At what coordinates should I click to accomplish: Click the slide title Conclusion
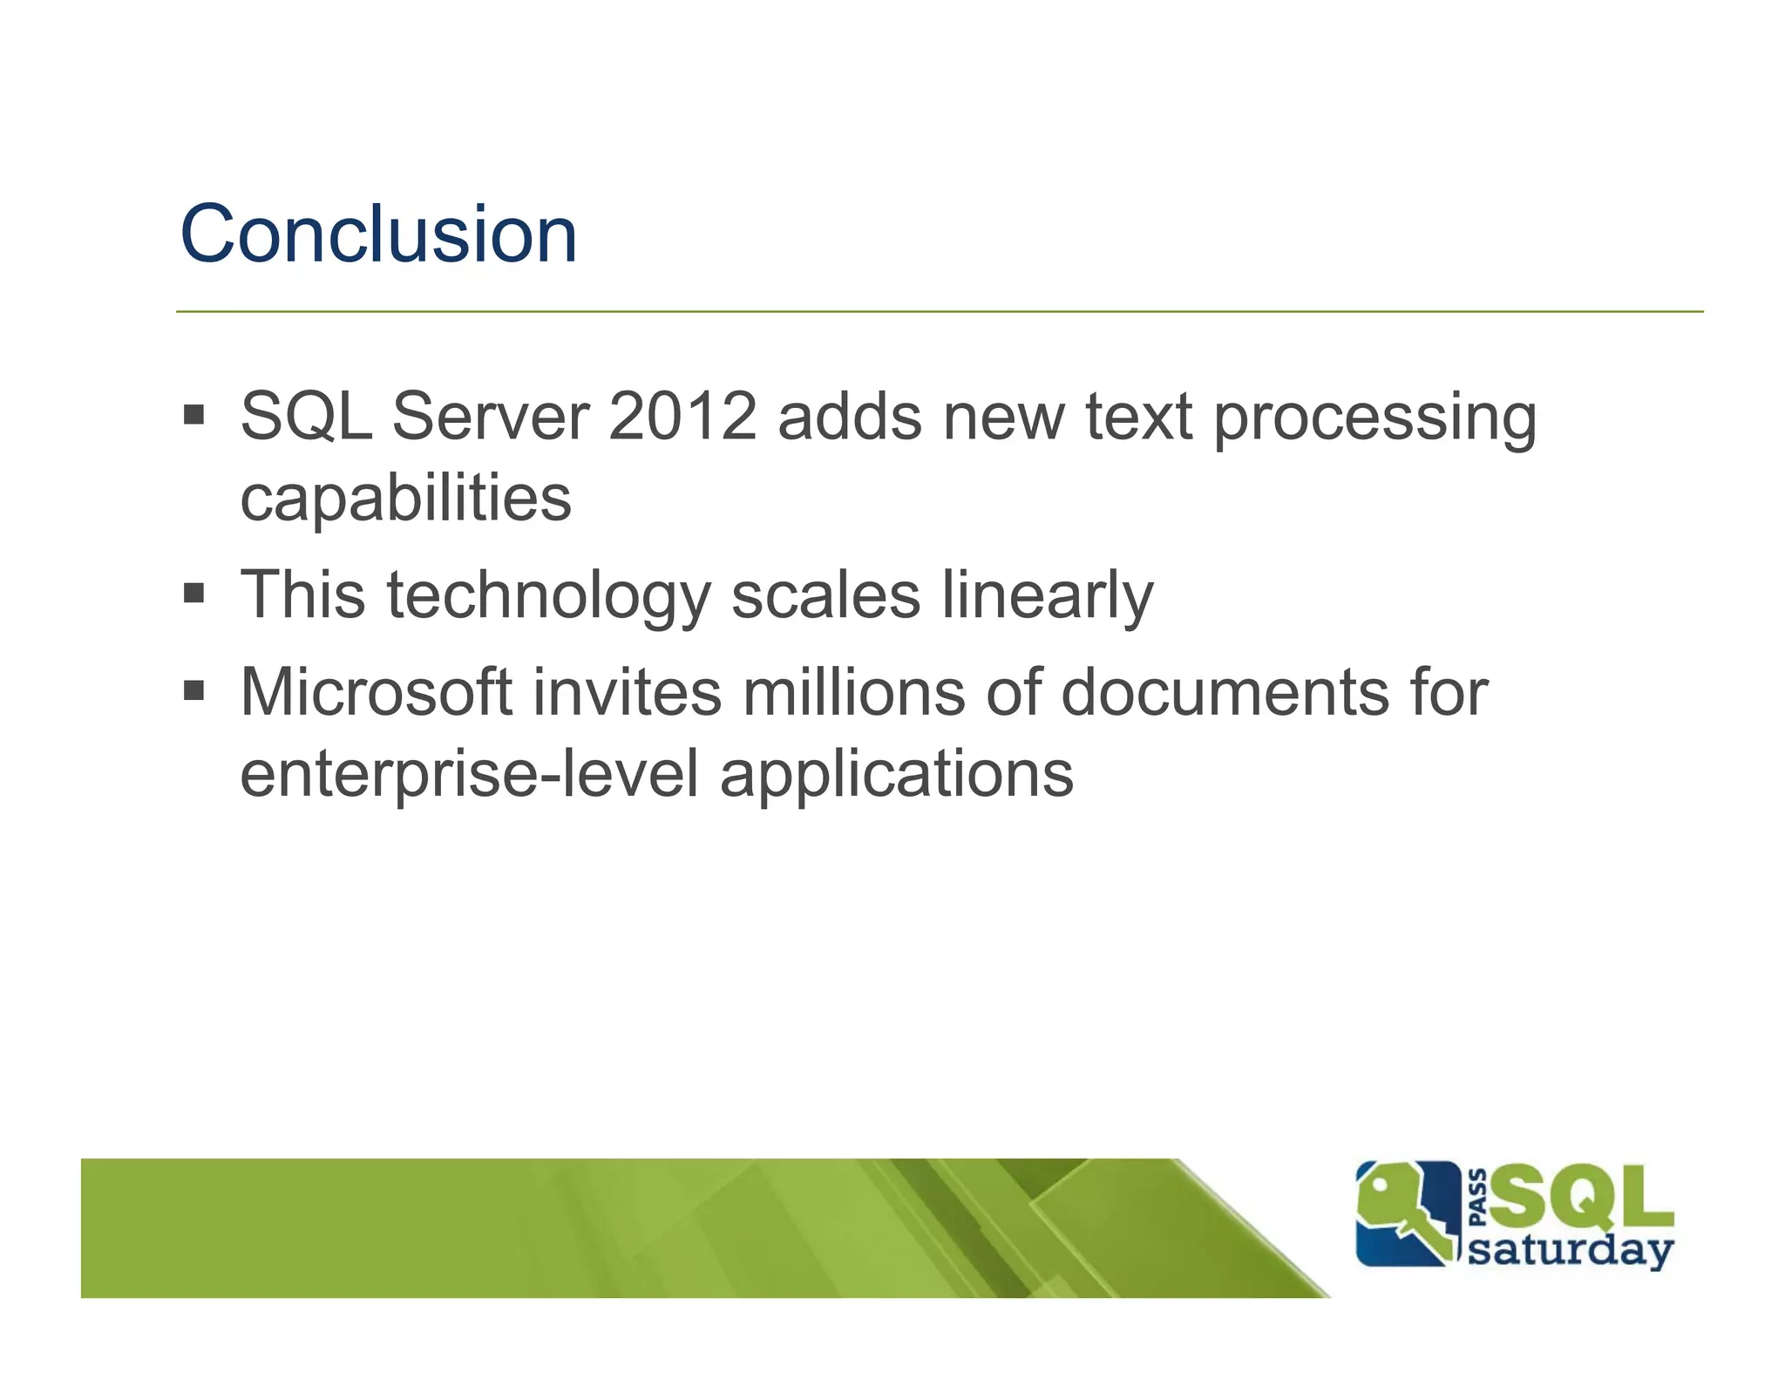pyautogui.click(x=378, y=234)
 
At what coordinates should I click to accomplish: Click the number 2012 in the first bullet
pyautogui.click(x=682, y=417)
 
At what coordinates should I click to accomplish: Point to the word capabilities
pyautogui.click(x=405, y=500)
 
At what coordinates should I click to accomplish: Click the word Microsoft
pyautogui.click(x=376, y=692)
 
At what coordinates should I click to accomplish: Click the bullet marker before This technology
pyautogui.click(x=193, y=594)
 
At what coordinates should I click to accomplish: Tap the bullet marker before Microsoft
pyautogui.click(x=193, y=691)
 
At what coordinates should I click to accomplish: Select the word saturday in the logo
pyautogui.click(x=1570, y=1251)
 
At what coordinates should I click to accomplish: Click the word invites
pyautogui.click(x=627, y=692)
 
